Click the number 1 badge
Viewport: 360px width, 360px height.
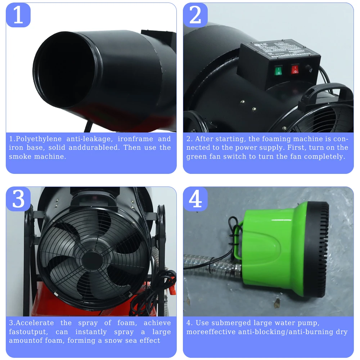(18, 15)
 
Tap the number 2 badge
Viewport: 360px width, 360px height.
(195, 15)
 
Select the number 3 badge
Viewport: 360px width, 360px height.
(18, 199)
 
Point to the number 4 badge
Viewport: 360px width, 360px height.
(195, 199)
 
